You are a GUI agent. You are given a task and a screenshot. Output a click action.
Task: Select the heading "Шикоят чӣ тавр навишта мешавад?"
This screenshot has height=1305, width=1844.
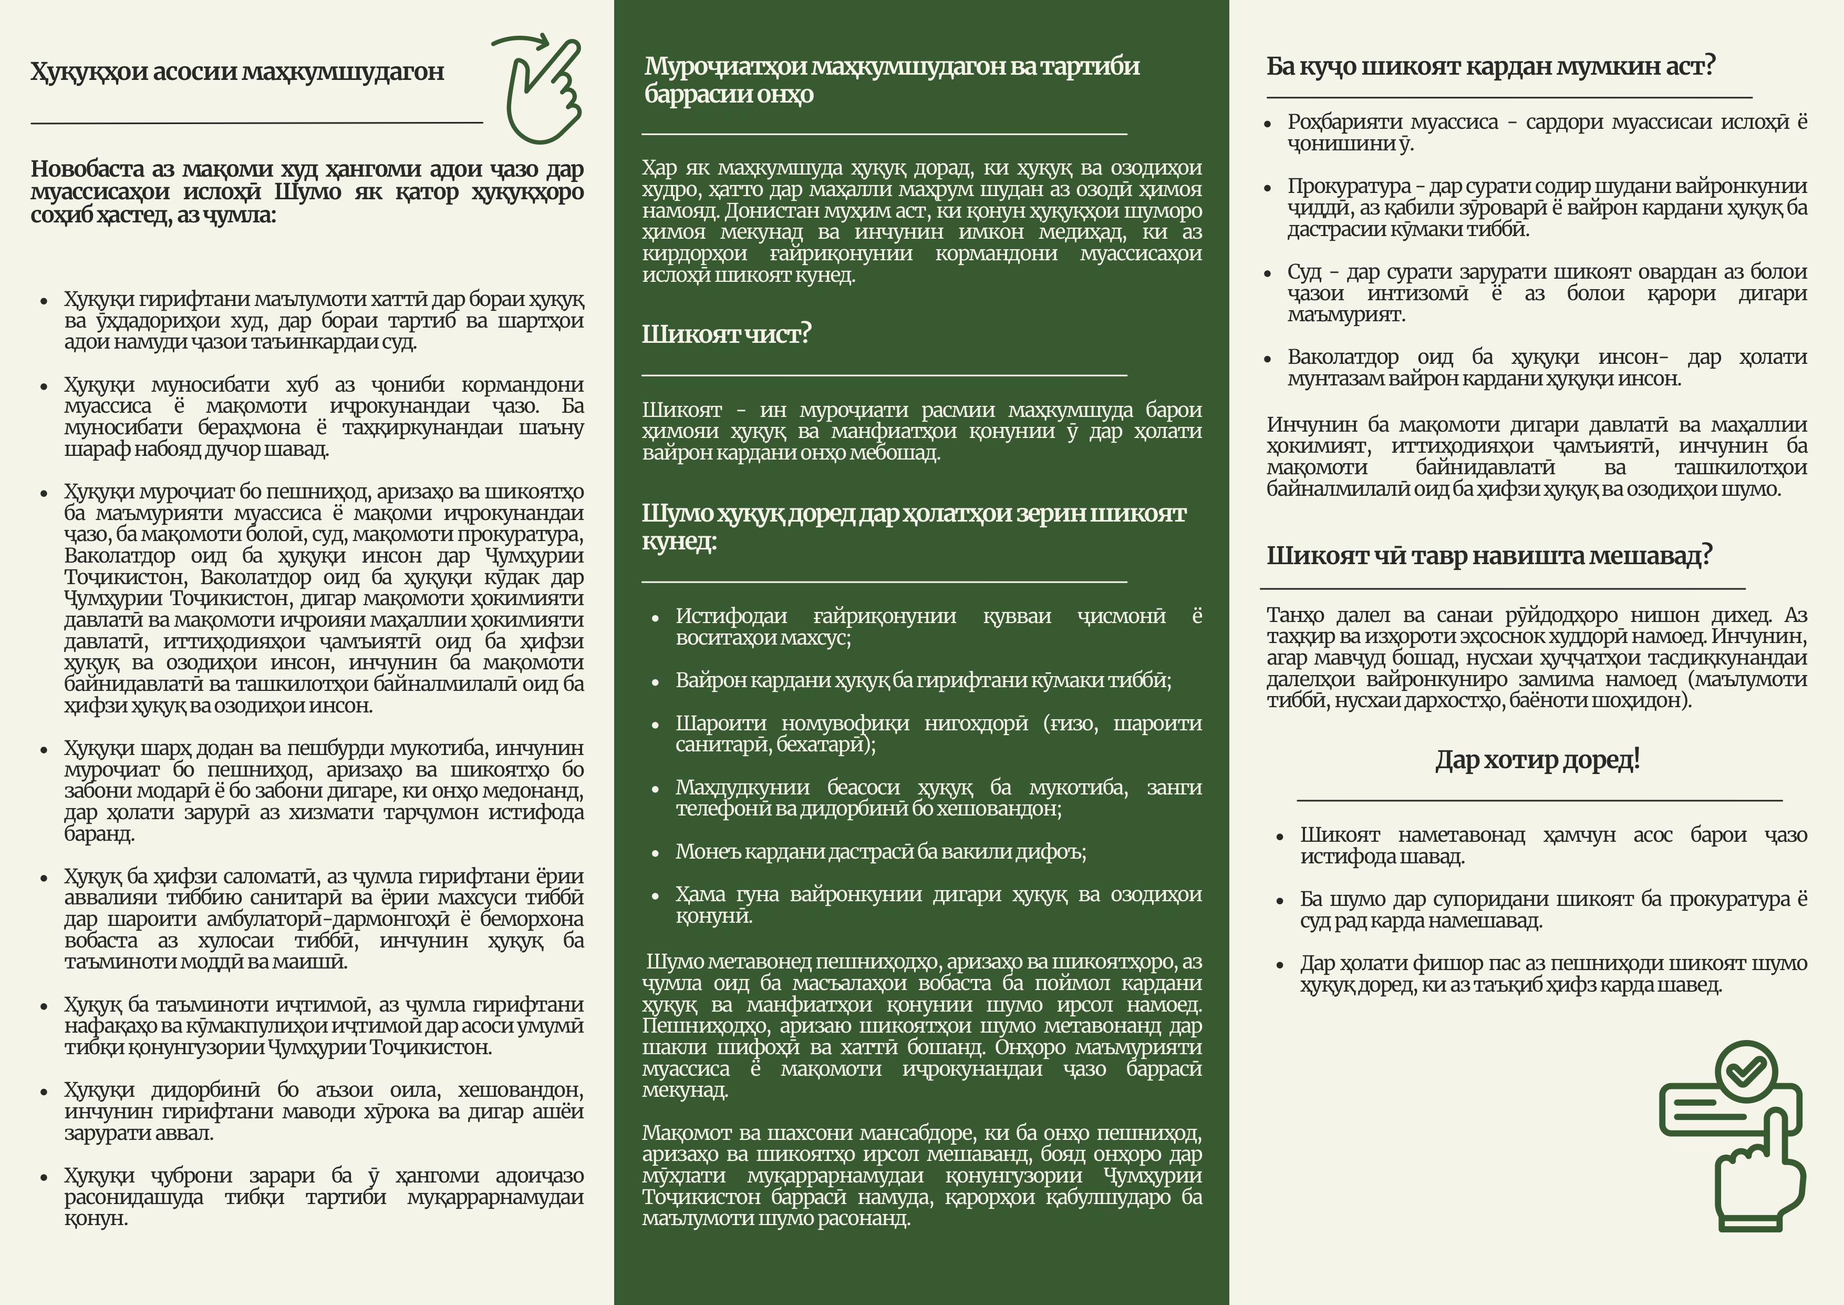coord(1489,555)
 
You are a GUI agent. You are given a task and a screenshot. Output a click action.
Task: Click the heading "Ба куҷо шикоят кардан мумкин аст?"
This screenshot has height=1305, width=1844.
coord(1490,66)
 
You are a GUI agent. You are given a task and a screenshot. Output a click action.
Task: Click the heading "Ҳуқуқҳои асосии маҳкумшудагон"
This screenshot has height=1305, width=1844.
coord(237,72)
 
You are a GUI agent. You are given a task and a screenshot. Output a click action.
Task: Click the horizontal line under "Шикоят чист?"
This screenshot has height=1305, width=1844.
coord(884,375)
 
